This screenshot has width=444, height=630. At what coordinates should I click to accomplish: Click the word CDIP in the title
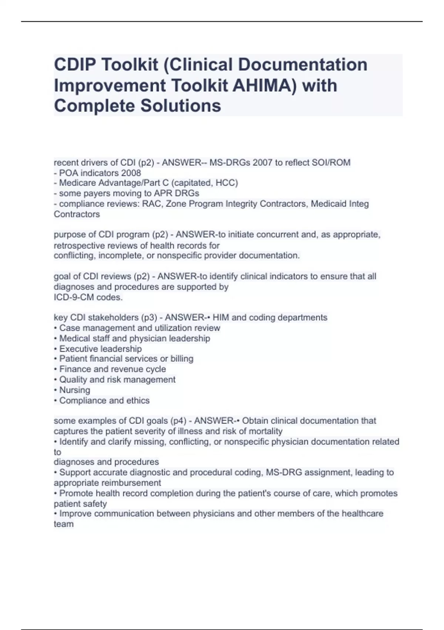[75, 64]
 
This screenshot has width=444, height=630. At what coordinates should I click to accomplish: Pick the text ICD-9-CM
[74, 297]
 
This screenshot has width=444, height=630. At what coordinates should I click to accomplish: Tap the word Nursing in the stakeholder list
[75, 390]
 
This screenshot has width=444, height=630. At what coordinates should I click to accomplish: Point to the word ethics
[138, 401]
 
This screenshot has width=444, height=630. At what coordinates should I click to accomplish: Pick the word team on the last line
[64, 524]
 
